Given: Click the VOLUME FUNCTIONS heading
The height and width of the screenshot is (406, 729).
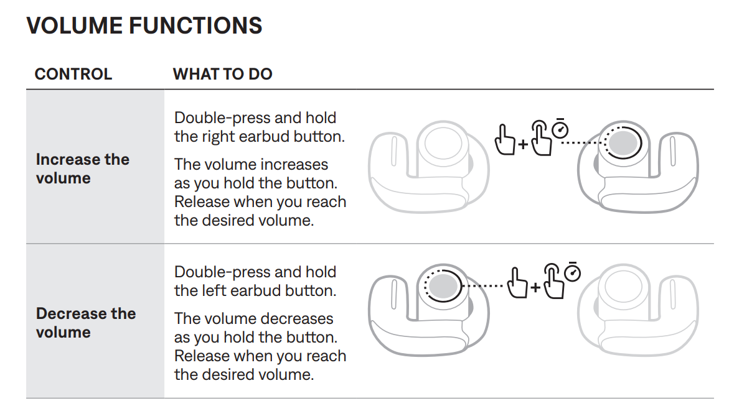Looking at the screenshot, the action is (144, 25).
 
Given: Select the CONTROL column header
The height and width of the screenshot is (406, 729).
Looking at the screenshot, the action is (73, 74).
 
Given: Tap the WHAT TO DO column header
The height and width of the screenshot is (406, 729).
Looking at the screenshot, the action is (222, 74).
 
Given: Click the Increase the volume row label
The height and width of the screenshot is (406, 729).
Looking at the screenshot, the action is (82, 168).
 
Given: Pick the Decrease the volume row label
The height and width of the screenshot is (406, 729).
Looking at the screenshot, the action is (85, 323).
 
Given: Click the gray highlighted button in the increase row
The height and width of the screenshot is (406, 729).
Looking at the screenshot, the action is (623, 142).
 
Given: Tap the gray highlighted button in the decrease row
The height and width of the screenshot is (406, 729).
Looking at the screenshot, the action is (443, 285).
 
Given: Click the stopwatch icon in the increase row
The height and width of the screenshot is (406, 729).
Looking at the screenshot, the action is (560, 129).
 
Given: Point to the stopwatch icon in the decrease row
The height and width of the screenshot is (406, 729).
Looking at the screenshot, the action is (572, 272).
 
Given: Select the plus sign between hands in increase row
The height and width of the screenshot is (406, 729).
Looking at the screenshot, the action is (523, 144).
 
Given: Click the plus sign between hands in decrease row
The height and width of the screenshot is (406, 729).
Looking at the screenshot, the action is (535, 287).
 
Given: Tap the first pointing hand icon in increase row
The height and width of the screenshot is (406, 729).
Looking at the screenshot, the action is (505, 139).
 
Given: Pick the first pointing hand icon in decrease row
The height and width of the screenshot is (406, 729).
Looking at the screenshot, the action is (517, 282).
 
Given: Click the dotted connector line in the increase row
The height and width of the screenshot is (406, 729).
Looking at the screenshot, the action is (583, 142).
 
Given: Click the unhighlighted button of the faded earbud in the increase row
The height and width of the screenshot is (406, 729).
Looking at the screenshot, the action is (443, 142).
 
